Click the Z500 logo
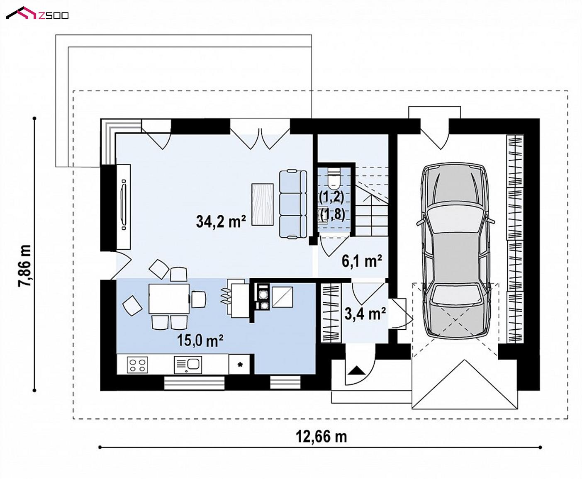(x=37, y=13)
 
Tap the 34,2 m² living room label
(x=221, y=221)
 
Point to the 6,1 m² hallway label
(x=362, y=261)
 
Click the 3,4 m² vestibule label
(x=365, y=314)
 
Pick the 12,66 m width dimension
(x=321, y=437)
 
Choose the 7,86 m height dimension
(x=24, y=266)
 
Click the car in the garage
(x=455, y=250)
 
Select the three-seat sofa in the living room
(x=293, y=204)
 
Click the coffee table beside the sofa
(x=262, y=204)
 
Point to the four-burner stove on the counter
(x=137, y=365)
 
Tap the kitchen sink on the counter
(x=188, y=365)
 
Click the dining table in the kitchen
(x=169, y=299)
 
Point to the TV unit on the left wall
(x=124, y=207)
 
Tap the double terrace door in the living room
(x=260, y=134)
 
